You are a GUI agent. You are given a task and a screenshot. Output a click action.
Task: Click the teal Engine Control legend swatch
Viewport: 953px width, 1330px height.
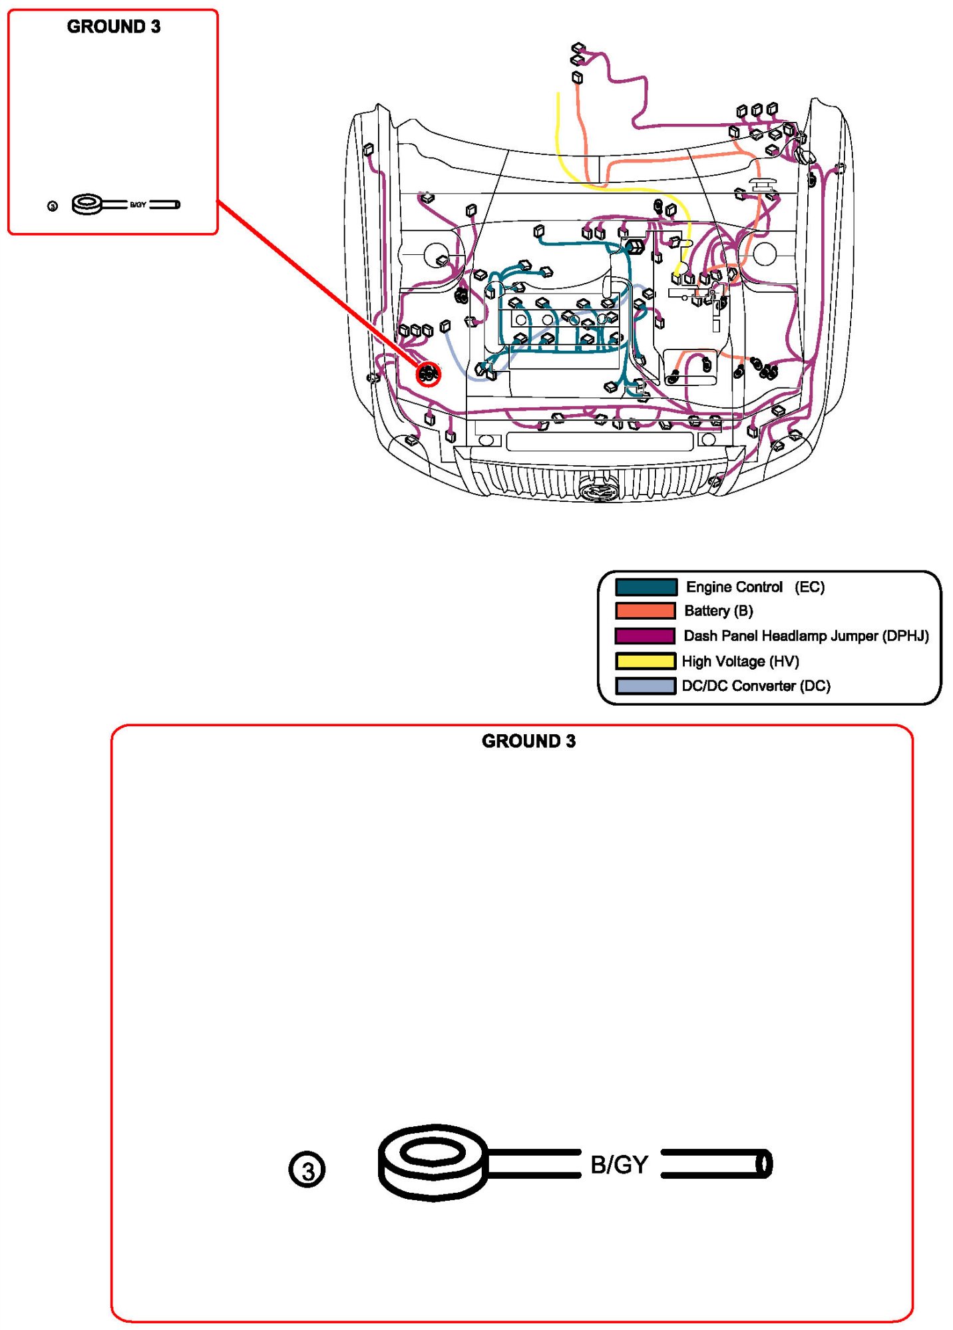coord(646,586)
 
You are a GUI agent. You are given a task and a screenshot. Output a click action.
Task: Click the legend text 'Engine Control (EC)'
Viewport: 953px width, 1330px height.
coord(755,587)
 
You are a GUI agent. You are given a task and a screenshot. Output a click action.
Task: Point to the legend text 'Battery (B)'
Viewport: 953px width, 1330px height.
coord(718,611)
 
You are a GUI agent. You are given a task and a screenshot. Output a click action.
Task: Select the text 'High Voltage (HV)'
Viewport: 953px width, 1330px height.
coord(740,661)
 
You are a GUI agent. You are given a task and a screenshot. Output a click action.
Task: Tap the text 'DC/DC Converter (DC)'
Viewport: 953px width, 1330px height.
coord(756,686)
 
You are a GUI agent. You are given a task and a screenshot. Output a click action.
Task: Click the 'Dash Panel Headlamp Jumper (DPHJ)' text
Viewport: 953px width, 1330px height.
coord(806,636)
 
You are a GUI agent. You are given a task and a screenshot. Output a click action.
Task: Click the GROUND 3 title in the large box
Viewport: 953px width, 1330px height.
coord(528,741)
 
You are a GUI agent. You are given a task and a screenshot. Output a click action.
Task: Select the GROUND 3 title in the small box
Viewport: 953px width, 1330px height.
coord(114,27)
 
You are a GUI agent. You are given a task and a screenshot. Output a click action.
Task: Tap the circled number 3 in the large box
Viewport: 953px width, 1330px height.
coord(307,1170)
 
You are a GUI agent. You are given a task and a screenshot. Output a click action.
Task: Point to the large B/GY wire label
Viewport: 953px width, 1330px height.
coord(619,1164)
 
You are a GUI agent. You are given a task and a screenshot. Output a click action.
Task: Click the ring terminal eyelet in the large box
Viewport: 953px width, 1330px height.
coord(433,1161)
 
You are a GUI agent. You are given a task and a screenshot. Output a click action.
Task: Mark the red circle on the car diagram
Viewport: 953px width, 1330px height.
coord(428,374)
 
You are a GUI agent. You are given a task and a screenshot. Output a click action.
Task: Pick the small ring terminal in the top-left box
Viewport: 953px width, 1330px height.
coord(87,204)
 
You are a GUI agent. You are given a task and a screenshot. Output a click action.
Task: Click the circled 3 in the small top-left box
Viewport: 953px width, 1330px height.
coord(53,206)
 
